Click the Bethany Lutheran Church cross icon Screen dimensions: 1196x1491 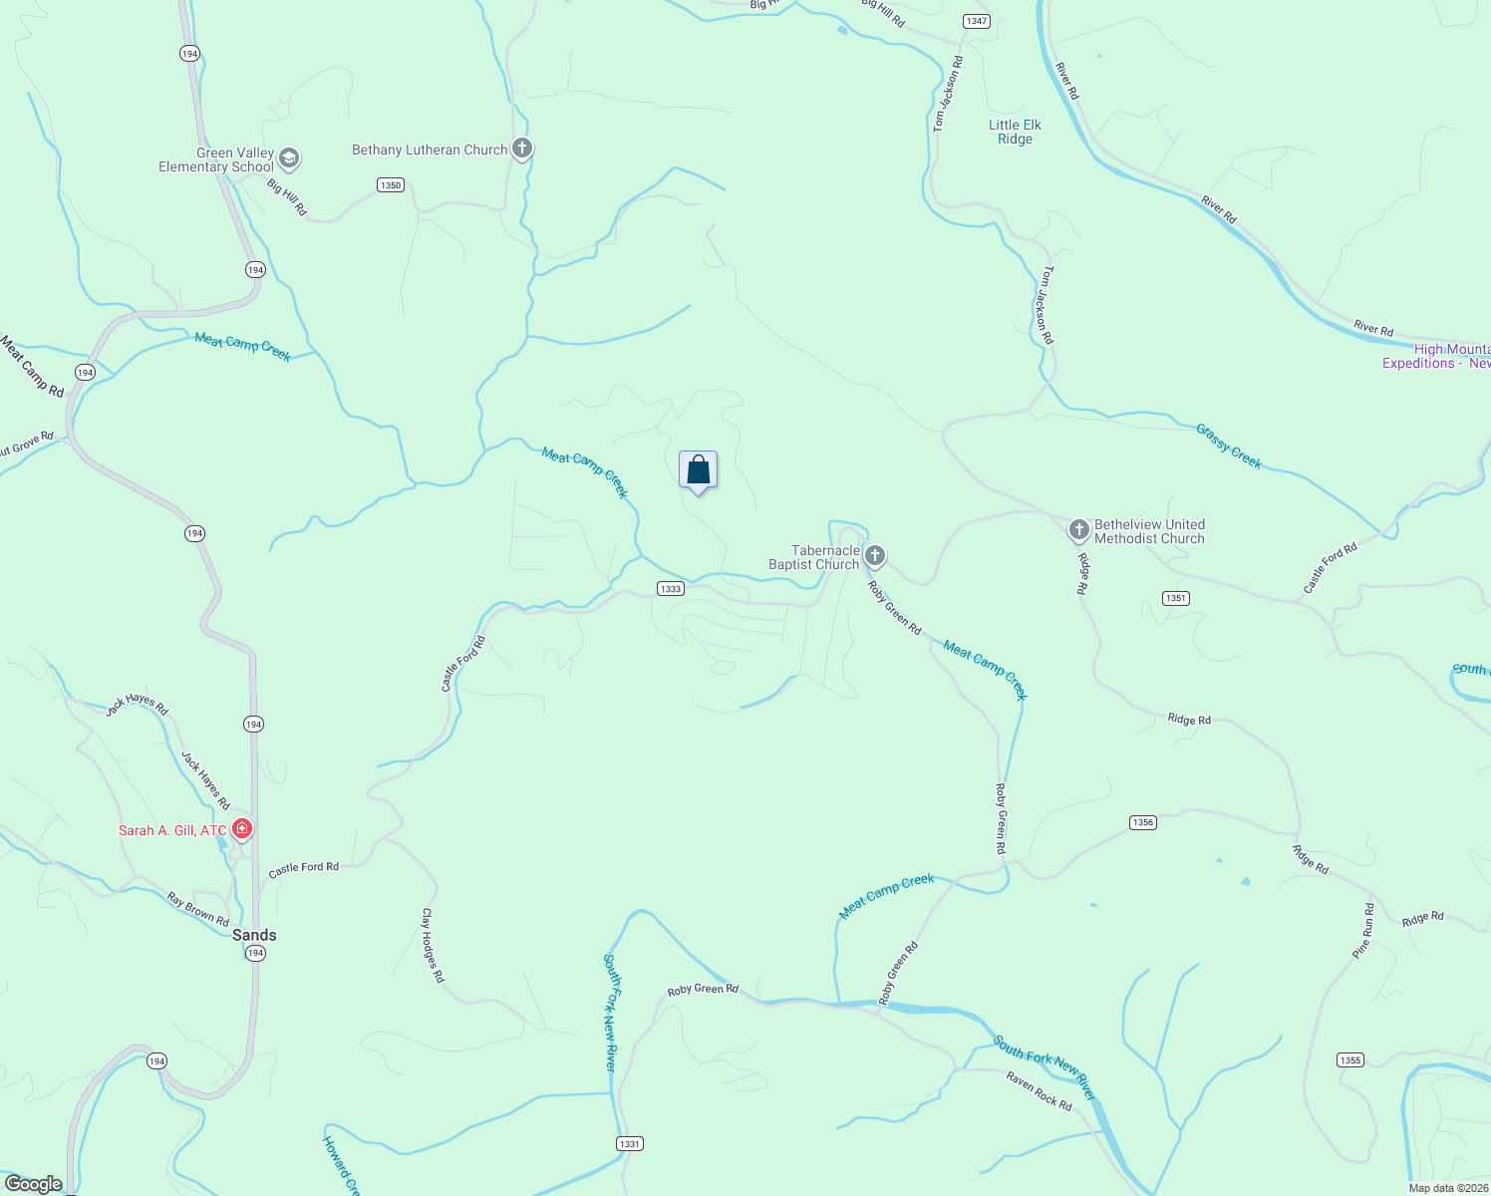(521, 149)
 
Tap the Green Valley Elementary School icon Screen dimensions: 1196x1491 (289, 158)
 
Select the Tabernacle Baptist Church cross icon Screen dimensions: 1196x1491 (875, 555)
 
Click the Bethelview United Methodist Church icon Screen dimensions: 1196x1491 (1078, 529)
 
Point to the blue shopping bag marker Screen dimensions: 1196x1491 (698, 470)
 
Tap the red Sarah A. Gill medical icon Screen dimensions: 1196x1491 (241, 828)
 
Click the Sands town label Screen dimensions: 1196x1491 (254, 935)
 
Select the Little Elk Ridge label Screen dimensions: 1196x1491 (1015, 132)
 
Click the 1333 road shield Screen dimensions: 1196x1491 (671, 589)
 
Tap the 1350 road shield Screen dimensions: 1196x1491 (390, 185)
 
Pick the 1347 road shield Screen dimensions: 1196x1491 (976, 21)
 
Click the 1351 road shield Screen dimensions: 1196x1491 (1176, 598)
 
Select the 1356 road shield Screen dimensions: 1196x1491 (1142, 822)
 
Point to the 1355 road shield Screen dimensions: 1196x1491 (1350, 1060)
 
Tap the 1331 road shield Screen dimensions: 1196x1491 (629, 1144)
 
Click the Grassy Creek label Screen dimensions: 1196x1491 (1229, 446)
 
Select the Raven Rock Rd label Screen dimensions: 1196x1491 (1039, 1091)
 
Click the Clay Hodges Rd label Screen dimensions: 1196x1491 (432, 945)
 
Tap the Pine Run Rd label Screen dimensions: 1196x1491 (1362, 931)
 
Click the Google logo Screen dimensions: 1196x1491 (34, 1184)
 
